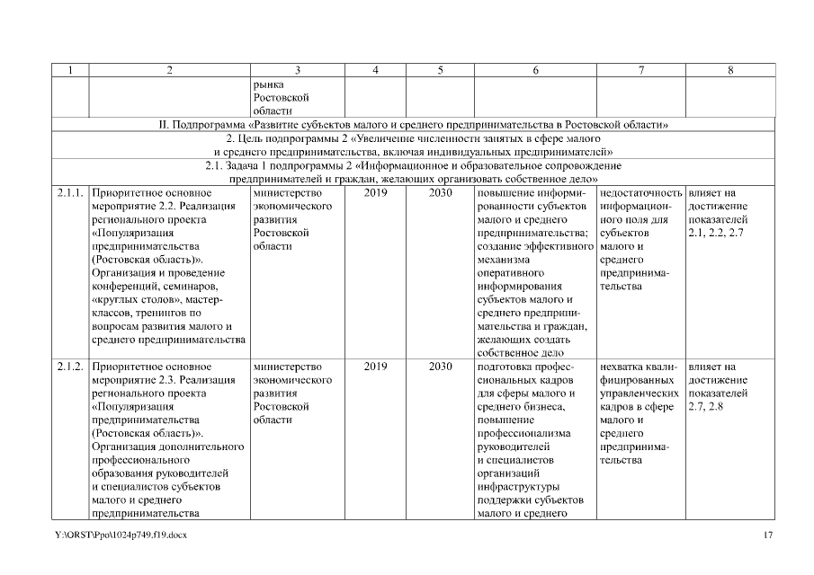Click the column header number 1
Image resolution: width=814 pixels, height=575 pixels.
tap(68, 70)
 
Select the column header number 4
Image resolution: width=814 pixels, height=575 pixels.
tap(374, 70)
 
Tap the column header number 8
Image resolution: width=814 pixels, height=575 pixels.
tap(729, 70)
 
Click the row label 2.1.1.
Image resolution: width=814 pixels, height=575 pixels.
tap(69, 192)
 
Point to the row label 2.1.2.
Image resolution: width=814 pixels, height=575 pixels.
tap(69, 367)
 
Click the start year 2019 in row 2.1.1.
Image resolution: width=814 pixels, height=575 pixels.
tap(375, 192)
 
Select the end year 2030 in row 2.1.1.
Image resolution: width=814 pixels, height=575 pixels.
tap(440, 192)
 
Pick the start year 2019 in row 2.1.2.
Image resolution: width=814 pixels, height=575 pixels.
tap(375, 367)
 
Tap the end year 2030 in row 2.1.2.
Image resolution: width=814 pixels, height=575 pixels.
tap(440, 367)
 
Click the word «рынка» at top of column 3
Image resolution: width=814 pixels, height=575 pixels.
tap(268, 84)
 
